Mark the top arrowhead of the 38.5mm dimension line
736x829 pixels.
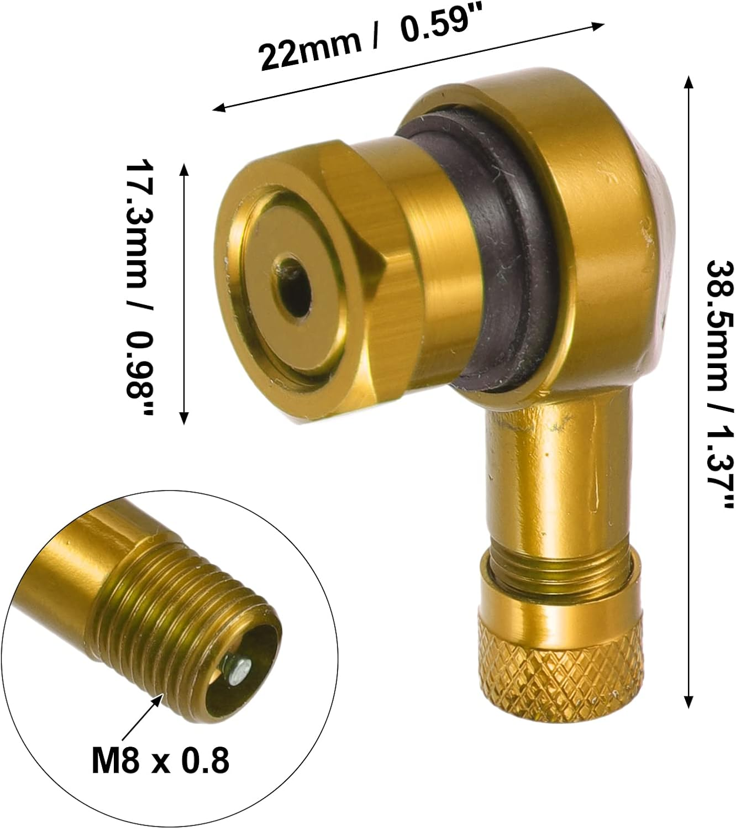(x=688, y=82)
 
